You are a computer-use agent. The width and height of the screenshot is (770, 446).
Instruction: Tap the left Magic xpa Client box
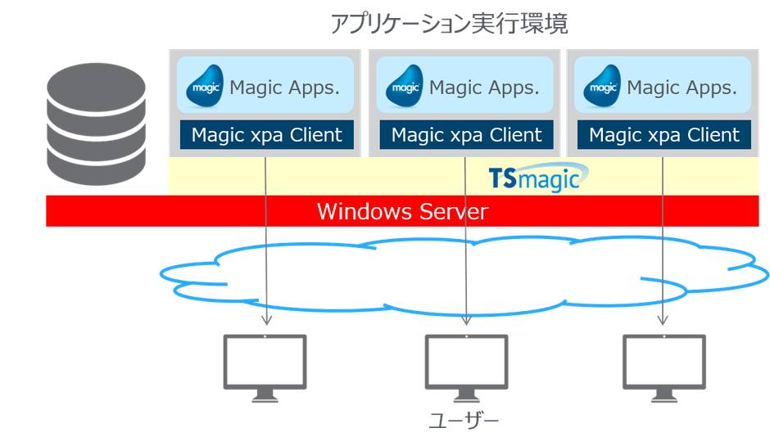tap(266, 135)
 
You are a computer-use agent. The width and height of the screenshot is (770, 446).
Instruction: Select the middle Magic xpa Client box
tap(465, 135)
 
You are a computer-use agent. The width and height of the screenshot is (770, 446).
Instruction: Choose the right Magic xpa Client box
tap(664, 135)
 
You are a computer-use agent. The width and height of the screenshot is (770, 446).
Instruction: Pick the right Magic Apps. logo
tap(602, 85)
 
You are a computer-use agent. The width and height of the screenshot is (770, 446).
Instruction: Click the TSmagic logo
tap(534, 178)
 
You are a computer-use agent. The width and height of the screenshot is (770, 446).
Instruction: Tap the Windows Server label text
tap(402, 212)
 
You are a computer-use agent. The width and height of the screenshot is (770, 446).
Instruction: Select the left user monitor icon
tap(265, 367)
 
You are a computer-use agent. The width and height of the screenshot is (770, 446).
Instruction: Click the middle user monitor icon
tap(465, 367)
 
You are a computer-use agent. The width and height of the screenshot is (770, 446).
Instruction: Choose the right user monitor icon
tap(664, 367)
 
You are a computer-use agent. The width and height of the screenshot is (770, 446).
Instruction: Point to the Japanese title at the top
tap(449, 24)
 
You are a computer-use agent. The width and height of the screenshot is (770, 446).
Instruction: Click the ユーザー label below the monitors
tap(464, 421)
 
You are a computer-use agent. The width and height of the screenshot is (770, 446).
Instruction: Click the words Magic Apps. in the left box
tap(284, 88)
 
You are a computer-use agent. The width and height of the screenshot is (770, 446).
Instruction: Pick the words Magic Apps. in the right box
tap(682, 88)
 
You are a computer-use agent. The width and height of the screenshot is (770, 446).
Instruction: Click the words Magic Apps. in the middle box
tap(484, 88)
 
